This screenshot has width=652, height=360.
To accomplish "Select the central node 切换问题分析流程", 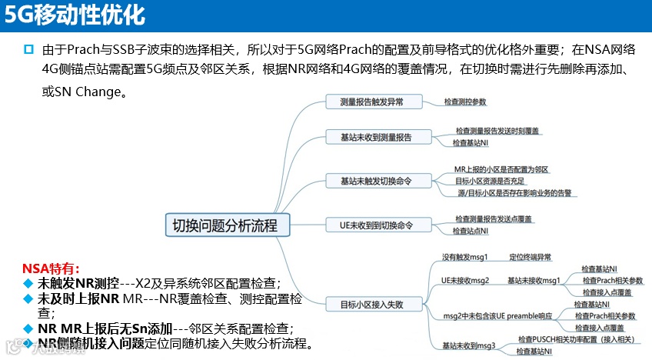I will pyautogui.click(x=220, y=225).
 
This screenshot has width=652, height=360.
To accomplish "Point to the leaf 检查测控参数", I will pyautogui.click(x=465, y=102).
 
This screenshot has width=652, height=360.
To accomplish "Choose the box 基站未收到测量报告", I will pyautogui.click(x=375, y=137).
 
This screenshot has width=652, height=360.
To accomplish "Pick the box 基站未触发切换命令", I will pyautogui.click(x=375, y=181).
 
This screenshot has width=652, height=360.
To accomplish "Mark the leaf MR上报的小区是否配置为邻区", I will pyautogui.click(x=501, y=169).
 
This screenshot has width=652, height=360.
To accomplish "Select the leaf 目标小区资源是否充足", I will pyautogui.click(x=488, y=181).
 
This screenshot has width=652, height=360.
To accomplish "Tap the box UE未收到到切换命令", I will pyautogui.click(x=375, y=225).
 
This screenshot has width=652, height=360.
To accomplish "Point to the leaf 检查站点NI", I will pyautogui.click(x=471, y=231).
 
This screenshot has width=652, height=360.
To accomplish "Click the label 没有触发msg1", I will pyautogui.click(x=464, y=257).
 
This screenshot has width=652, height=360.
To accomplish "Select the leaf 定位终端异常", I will pyautogui.click(x=530, y=257).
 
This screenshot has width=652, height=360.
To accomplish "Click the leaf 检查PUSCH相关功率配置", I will pyautogui.click(x=574, y=339).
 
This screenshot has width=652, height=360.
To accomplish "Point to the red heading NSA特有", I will pyautogui.click(x=50, y=268).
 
